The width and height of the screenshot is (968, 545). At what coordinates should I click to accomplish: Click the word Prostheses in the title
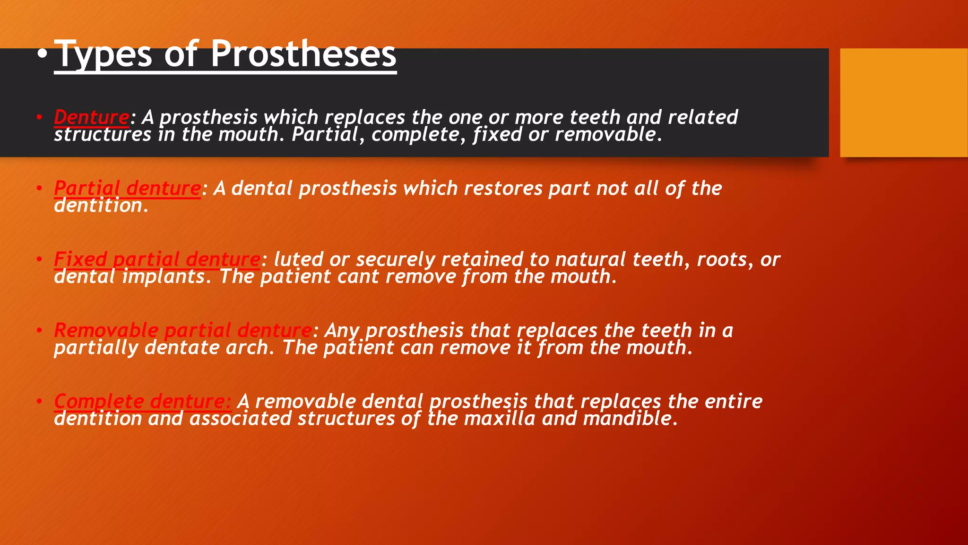[303, 54]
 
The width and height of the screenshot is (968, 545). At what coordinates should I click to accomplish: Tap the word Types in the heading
[104, 55]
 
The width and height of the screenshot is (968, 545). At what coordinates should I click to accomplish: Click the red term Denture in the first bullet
[91, 117]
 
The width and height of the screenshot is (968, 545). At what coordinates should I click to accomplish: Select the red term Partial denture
[127, 188]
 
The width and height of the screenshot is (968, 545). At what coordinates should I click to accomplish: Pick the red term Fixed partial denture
[157, 259]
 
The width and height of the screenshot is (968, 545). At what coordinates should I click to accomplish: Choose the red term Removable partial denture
[182, 330]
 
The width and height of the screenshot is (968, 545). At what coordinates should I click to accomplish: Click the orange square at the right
[903, 103]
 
